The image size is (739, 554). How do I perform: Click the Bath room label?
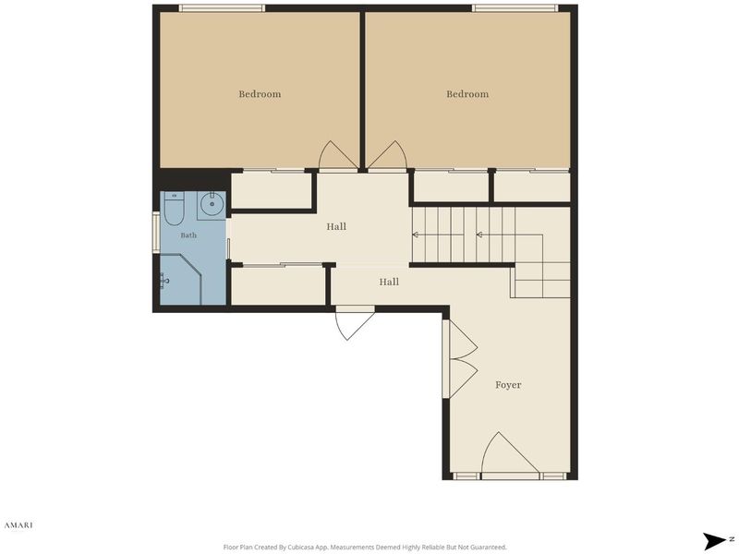188,235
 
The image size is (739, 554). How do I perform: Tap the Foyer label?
508,385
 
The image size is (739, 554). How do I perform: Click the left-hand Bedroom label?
260,94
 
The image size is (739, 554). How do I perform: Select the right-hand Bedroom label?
467,94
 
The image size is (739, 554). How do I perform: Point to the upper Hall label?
336,226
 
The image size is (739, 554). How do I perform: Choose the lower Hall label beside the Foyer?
389,282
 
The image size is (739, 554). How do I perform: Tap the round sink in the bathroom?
212,204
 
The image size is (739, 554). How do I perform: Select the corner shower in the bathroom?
181,280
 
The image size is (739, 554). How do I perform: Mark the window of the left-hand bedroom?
222,8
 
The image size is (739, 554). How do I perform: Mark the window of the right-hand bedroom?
515,8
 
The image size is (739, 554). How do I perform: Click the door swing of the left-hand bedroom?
337,155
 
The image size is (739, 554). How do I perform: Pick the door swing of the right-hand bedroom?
387,155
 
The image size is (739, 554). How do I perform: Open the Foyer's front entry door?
510,455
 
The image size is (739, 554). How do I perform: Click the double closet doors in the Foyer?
464,359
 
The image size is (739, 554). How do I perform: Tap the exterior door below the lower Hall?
355,325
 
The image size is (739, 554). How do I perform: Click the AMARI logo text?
18,524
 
